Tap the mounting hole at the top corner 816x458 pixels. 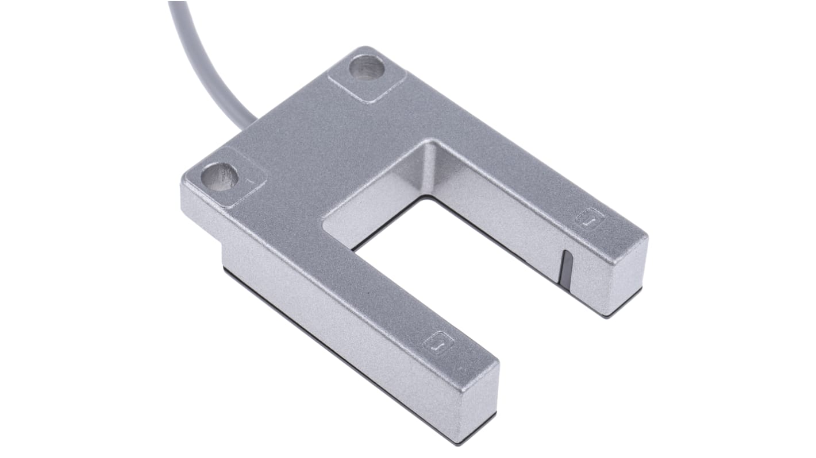366,67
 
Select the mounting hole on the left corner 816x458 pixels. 220,176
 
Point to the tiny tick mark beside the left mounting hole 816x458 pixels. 248,180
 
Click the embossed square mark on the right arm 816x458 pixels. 590,219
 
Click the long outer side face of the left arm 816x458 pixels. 333,327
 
